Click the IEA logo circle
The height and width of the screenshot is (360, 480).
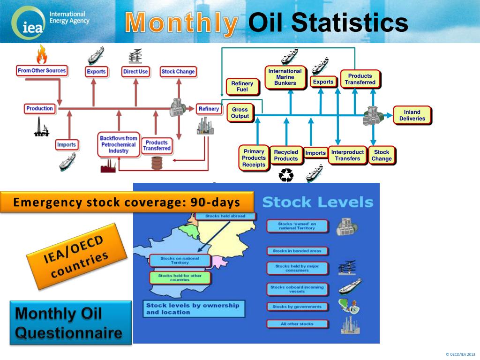29,23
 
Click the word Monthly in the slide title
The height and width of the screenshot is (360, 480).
181,23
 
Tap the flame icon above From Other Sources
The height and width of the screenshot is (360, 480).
42,54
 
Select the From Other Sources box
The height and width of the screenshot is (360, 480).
42,71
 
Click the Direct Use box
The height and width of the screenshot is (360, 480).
135,72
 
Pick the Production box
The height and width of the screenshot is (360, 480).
40,109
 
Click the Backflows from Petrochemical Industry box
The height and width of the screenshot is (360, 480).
119,144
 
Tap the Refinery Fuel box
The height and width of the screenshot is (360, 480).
242,87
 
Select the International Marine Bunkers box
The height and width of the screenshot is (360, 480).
285,77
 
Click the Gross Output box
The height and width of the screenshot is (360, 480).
240,113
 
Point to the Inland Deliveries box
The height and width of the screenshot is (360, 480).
412,115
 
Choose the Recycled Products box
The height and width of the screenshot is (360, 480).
286,155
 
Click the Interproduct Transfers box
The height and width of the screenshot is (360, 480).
347,155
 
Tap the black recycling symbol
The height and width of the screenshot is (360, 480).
286,176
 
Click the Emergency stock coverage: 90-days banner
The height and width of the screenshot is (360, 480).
127,202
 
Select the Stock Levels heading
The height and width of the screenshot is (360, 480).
317,202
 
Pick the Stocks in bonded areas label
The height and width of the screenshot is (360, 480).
297,251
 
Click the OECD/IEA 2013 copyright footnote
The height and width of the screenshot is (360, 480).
460,354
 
